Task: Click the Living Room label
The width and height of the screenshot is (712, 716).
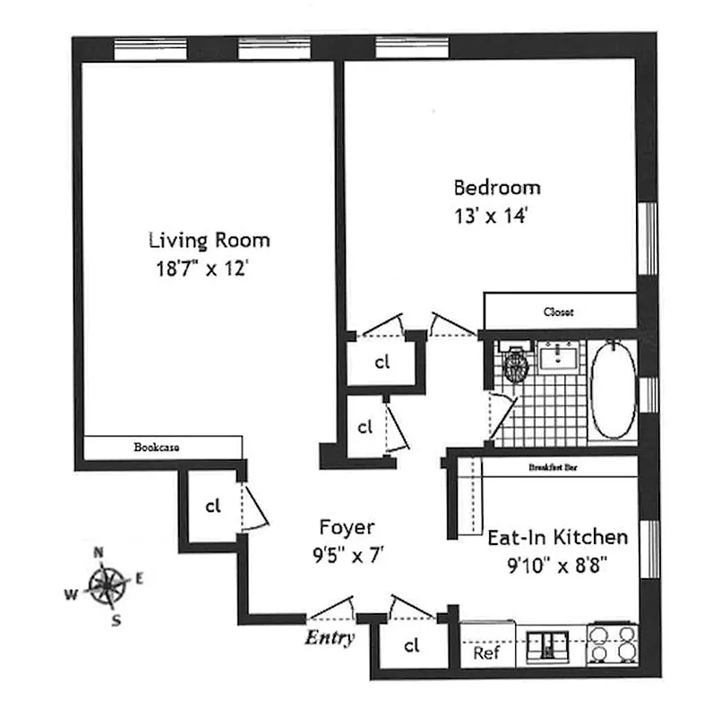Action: [x=209, y=240]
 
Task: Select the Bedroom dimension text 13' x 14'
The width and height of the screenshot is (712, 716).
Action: [x=495, y=216]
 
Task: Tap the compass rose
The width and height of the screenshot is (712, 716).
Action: [x=108, y=586]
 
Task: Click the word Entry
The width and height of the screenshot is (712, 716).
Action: [x=329, y=638]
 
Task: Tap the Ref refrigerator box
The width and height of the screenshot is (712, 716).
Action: [x=485, y=652]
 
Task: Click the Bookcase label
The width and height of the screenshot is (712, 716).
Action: [x=158, y=446]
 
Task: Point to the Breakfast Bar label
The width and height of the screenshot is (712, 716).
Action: [x=553, y=467]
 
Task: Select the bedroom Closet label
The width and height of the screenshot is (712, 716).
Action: [x=559, y=312]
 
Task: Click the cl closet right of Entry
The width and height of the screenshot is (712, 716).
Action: [x=411, y=644]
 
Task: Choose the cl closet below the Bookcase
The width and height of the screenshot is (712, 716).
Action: [x=212, y=506]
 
